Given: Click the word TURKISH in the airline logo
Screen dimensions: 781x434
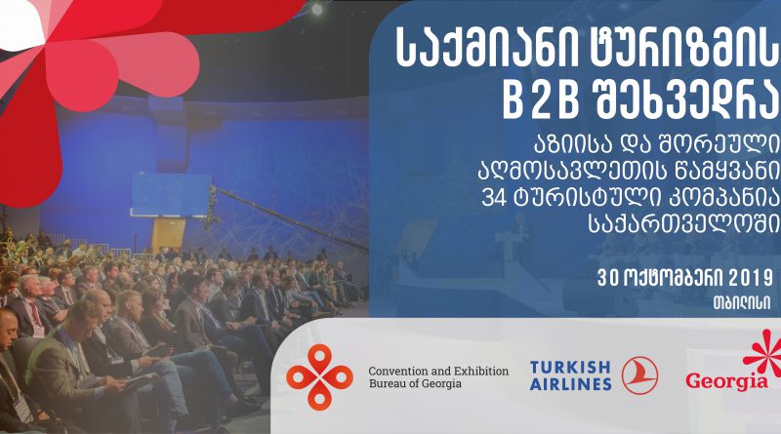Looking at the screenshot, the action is pyautogui.click(x=570, y=368).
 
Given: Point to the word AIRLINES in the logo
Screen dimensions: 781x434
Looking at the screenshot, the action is pyautogui.click(x=570, y=384).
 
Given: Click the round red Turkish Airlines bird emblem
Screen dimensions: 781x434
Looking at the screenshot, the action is pyautogui.click(x=639, y=375).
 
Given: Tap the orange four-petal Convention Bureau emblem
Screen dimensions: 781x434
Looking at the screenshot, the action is pyautogui.click(x=319, y=376).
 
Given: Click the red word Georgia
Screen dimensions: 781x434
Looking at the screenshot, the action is pyautogui.click(x=726, y=381).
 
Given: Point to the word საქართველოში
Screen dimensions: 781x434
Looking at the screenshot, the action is pyautogui.click(x=684, y=224).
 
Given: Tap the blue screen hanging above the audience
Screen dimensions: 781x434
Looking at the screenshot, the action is pyautogui.click(x=170, y=195).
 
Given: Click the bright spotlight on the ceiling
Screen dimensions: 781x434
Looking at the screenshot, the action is pyautogui.click(x=316, y=9).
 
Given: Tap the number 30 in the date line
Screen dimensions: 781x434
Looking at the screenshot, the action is pyautogui.click(x=606, y=279).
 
